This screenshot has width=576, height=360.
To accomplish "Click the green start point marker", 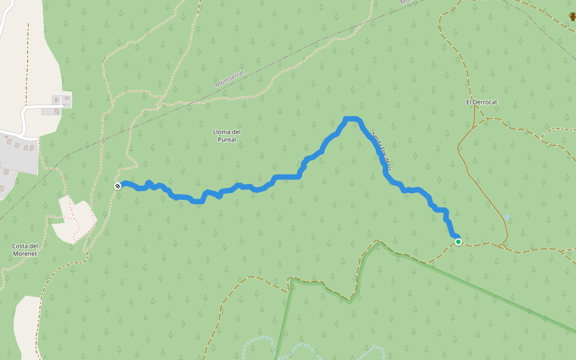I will pos(458,242).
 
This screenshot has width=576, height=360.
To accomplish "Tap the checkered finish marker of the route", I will pos(118,186).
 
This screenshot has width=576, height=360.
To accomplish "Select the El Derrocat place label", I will pos(482,102).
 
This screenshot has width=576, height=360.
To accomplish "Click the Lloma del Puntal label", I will pos(227,136).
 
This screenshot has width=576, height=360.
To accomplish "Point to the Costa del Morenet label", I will pos(25,250).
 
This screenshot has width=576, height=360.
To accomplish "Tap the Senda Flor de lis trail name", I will pos(381,151).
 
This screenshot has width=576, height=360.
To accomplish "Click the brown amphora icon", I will pos(572,16).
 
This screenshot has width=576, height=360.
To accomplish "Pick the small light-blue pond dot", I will pos(508,217).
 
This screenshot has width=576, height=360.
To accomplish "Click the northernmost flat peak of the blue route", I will pos(352,119).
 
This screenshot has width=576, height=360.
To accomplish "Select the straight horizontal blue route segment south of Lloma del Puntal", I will pos(287,176).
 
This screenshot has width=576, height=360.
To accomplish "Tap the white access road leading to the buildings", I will pos(24,117).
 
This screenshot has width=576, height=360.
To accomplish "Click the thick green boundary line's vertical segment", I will pos(290,318).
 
